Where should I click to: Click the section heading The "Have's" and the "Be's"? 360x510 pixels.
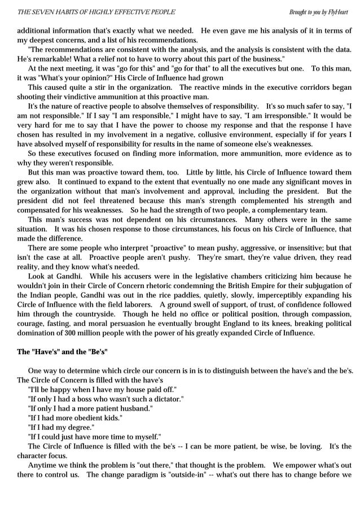point(62,352)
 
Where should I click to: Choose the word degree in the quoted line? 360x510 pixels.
point(78,427)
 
